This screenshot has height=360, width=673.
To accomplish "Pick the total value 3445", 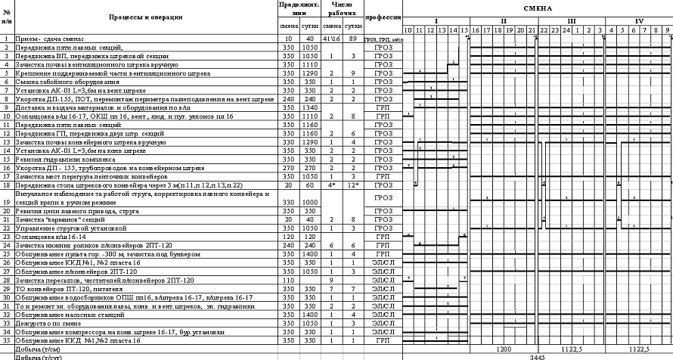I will click(538, 356).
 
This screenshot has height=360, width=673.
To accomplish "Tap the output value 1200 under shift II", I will click(504, 349).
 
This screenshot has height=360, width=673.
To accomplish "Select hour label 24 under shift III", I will click(566, 29).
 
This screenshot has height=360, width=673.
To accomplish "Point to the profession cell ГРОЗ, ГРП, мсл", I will click(383, 39).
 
